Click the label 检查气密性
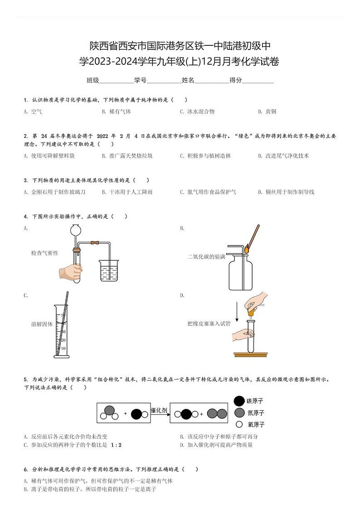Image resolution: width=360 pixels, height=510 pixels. coord(45,253)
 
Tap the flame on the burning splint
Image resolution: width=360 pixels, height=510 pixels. coord(248,249)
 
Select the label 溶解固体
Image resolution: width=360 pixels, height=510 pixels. coord(42,324)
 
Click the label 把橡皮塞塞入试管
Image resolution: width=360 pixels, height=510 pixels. coord(209,324)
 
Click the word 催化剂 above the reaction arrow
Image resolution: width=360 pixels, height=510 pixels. coord(159,410)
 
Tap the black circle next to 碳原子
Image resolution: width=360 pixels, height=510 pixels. coord(239,401)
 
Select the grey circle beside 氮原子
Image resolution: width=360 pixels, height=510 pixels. coord(239,413)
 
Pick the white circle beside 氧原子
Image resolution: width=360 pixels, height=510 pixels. coord(239,425)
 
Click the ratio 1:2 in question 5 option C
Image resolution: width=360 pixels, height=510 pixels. coord(116,445)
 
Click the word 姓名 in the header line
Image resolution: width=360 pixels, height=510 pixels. coord(188,80)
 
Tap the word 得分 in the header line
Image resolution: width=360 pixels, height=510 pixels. coord(236,80)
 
